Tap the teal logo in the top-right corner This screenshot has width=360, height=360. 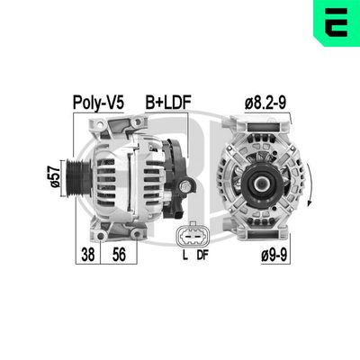[333, 23]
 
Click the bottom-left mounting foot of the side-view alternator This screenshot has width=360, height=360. [100, 231]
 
